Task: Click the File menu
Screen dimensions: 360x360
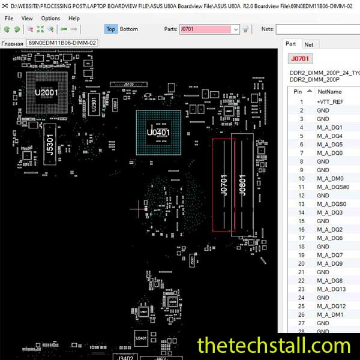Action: [9, 18]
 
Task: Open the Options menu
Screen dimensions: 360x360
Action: [50, 18]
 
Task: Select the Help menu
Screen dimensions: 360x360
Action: [74, 18]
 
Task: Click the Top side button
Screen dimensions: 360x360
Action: [110, 29]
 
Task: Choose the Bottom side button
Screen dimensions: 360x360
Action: [128, 29]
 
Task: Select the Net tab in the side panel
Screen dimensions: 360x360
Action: [308, 44]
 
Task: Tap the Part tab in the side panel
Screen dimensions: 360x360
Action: [290, 44]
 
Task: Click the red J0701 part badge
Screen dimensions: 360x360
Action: [299, 59]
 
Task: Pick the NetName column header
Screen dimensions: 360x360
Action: [329, 91]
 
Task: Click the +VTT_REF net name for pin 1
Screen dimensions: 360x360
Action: [330, 102]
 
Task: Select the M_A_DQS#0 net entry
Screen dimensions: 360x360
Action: [333, 187]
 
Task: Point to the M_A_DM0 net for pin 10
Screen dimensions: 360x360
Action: [330, 179]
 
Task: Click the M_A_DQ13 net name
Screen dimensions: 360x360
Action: [331, 289]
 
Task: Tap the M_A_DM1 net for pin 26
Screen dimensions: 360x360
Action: [330, 315]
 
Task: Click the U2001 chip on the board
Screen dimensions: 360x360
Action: [46, 93]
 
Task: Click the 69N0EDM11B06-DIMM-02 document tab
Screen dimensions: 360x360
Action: [62, 43]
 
